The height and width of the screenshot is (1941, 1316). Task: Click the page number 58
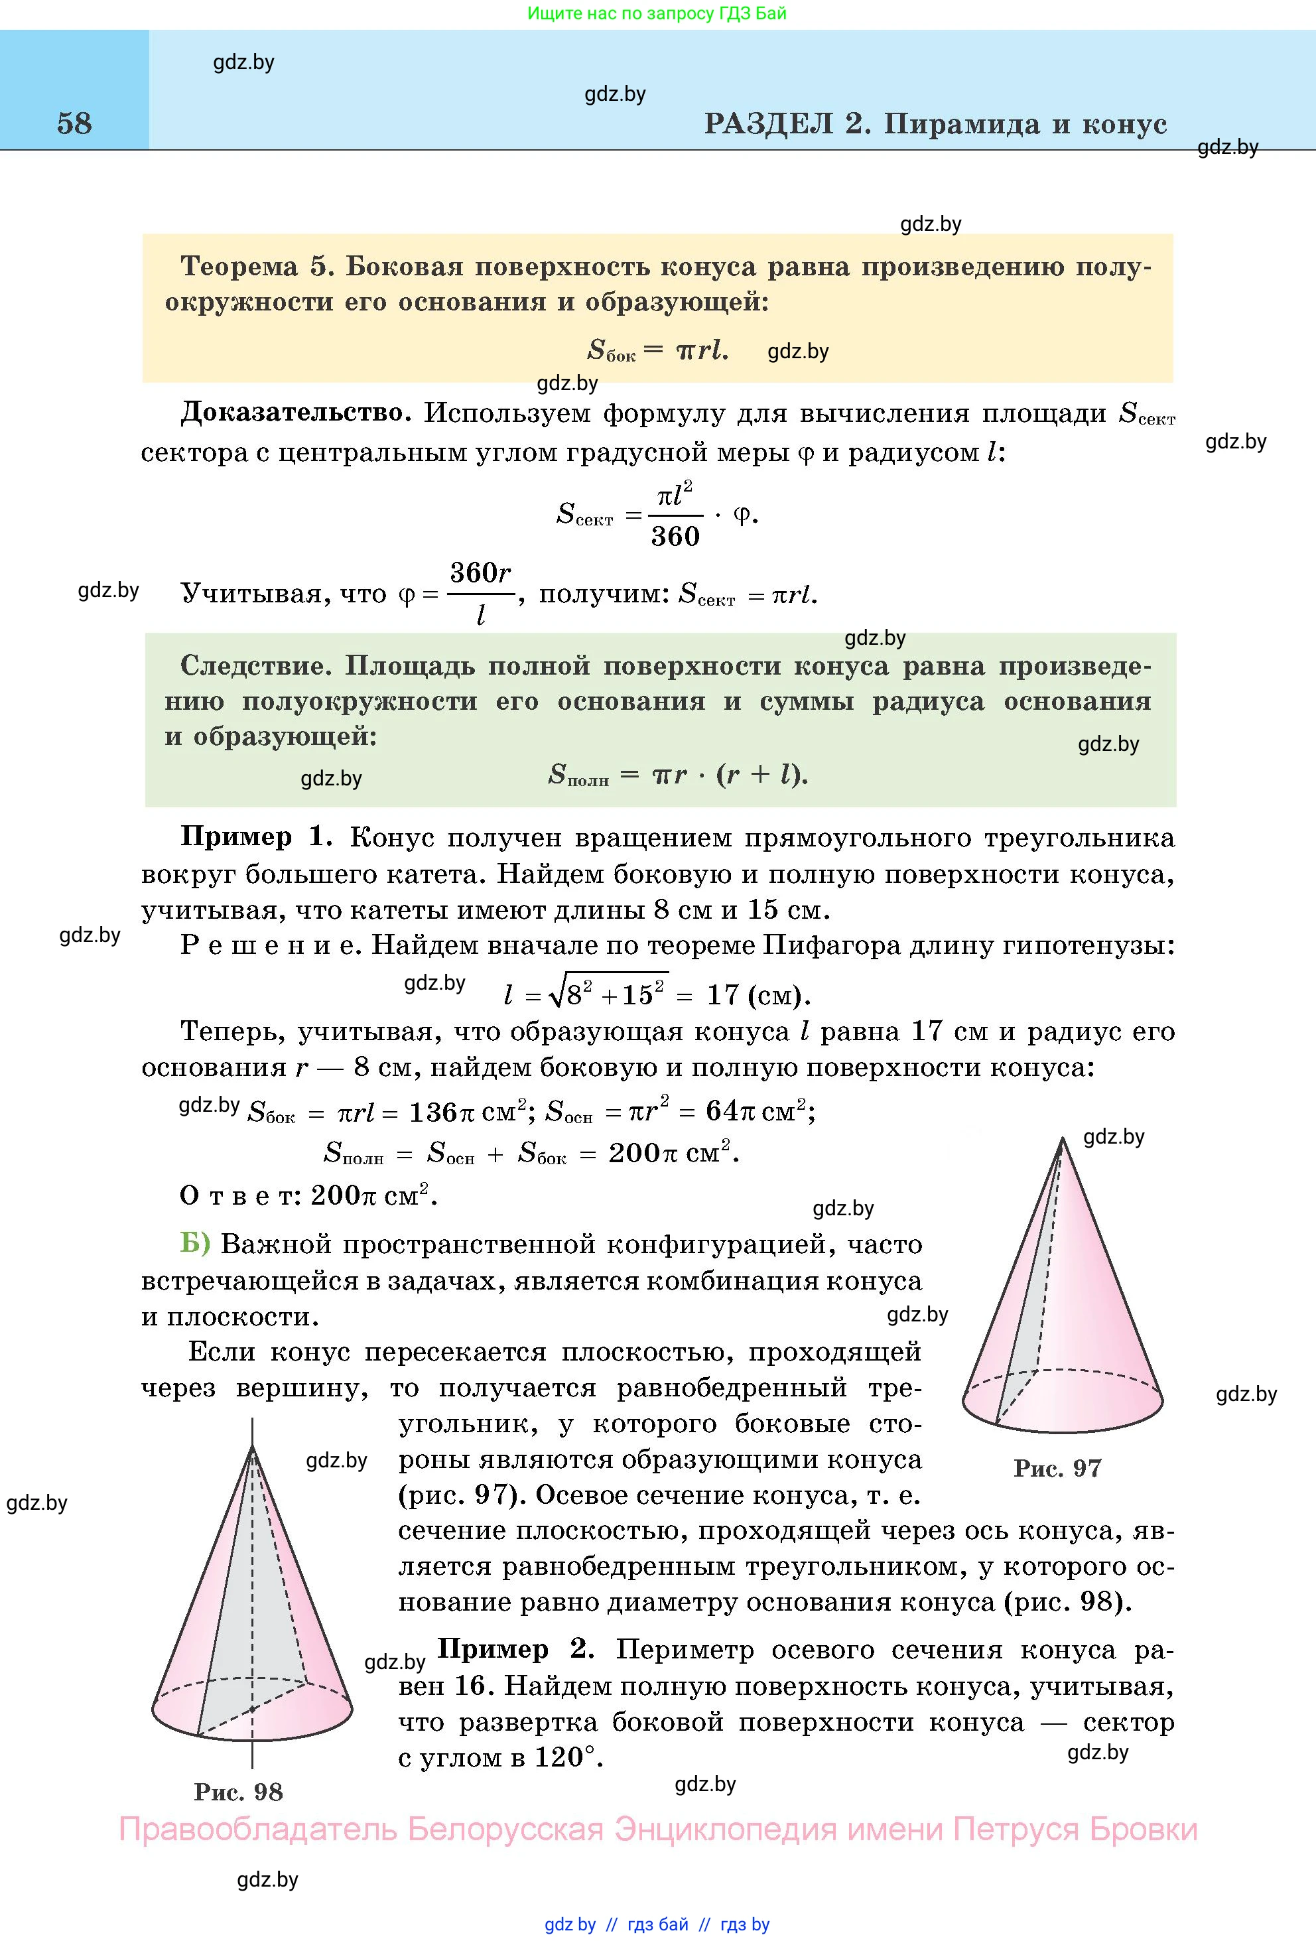[x=74, y=123]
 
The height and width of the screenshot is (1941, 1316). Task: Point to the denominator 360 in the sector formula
[x=675, y=536]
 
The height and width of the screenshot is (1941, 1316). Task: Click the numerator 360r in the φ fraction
[x=480, y=573]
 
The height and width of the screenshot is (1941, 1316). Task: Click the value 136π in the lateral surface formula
[x=442, y=1112]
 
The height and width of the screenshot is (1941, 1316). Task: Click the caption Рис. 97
[x=1057, y=1468]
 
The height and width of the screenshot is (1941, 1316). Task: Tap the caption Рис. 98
[x=239, y=1792]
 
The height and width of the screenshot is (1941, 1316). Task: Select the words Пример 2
[x=515, y=1650]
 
